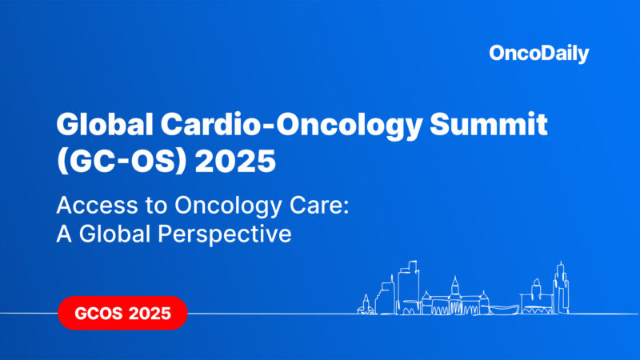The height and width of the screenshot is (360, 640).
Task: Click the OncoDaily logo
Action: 538,54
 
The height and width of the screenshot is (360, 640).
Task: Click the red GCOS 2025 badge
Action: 122,313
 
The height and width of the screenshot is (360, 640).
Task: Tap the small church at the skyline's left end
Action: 366,305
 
